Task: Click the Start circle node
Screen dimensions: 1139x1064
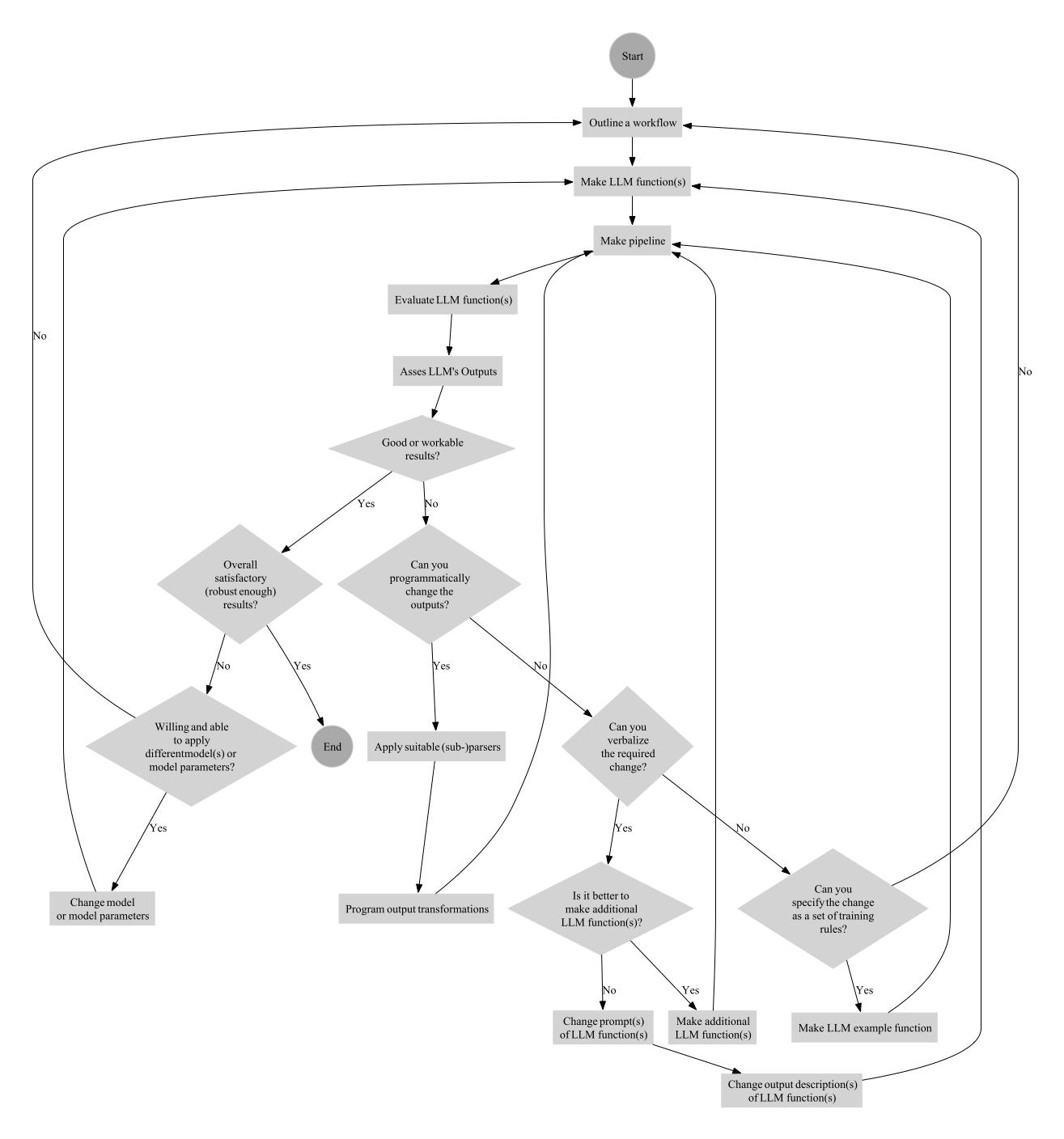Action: pos(632,57)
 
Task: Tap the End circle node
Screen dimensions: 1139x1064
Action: pos(332,747)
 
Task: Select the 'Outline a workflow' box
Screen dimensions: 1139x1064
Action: pos(632,124)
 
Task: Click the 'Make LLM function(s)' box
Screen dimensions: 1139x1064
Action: pos(632,182)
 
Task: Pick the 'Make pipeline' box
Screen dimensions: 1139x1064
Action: pos(632,241)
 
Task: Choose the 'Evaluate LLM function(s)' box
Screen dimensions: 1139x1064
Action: pos(452,300)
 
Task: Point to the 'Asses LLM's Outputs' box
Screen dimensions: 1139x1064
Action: pos(447,372)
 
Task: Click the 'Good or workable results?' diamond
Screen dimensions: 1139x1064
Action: pos(422,449)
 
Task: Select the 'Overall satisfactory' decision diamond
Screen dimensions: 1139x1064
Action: pos(240,584)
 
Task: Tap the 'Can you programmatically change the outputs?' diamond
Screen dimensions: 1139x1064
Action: pos(429,584)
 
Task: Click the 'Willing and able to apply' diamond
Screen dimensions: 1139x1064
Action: pos(191,747)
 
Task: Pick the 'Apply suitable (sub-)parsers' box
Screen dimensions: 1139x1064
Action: pos(437,747)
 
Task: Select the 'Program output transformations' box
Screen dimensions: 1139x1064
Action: pos(416,909)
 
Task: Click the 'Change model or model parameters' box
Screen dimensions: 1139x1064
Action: pos(102,909)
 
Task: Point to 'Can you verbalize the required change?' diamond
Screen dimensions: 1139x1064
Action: pos(627,747)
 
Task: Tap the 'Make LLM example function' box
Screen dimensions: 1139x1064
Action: pos(864,1028)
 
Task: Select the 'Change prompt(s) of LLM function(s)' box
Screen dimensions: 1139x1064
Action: pos(601,1028)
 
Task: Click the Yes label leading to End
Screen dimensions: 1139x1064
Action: pos(302,666)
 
